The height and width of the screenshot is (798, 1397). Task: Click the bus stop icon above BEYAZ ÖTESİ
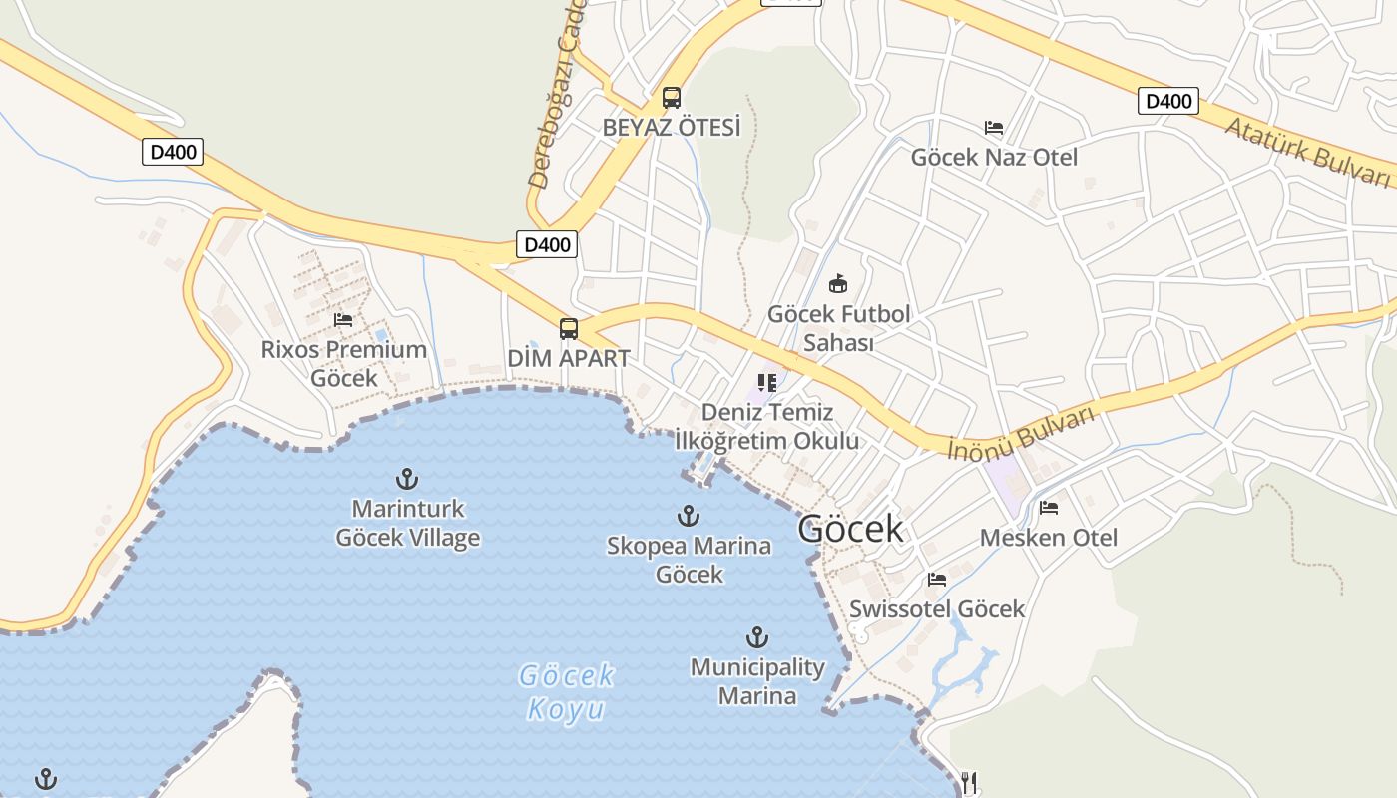[x=672, y=98]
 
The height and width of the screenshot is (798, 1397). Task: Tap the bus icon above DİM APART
[x=569, y=329]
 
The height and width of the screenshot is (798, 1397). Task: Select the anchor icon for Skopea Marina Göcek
[x=689, y=516]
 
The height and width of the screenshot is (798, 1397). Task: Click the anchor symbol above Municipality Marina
[x=757, y=637]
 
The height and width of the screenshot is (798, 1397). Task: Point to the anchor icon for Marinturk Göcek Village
[x=407, y=479]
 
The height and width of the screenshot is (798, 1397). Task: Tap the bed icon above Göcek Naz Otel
[x=994, y=128]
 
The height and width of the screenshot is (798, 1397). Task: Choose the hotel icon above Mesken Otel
[x=1049, y=508]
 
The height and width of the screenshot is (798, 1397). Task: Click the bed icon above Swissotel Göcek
[x=936, y=579]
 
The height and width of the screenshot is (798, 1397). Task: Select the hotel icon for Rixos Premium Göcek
[x=344, y=320]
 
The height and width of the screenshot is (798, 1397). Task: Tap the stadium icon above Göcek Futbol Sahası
[x=838, y=284]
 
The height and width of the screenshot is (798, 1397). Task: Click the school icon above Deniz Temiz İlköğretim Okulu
[x=766, y=382]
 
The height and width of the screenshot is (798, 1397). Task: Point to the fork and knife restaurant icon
[x=968, y=783]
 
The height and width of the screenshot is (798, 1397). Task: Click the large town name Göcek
[x=850, y=529]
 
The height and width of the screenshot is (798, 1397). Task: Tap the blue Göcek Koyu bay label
[x=566, y=692]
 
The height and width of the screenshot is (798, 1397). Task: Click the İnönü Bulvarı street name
[x=1023, y=433]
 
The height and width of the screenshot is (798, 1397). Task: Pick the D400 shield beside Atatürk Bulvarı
[x=1167, y=101]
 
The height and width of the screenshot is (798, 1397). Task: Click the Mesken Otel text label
[x=1049, y=538]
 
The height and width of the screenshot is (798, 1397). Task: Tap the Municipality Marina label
[x=757, y=681]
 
